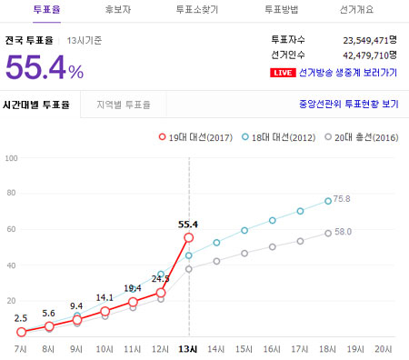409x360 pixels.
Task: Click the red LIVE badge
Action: coord(284,73)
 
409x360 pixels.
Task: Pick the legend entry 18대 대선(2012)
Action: coord(284,137)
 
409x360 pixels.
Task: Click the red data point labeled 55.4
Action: coord(189,237)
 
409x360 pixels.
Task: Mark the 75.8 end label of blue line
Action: coord(343,198)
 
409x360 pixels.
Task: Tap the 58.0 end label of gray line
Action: coord(343,233)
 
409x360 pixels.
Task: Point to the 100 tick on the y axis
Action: coord(11,158)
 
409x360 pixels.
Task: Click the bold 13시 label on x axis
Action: coord(189,348)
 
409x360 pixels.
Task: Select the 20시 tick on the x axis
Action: coord(384,348)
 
